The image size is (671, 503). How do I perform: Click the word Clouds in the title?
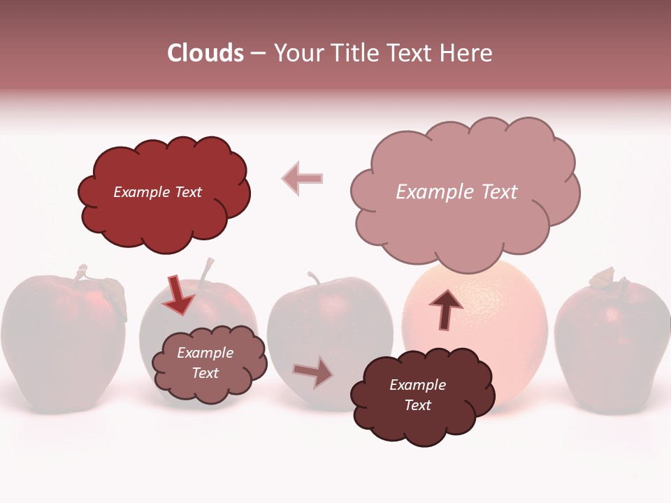205,53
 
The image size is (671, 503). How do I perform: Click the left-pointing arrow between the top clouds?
303,178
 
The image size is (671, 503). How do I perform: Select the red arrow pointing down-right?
180,294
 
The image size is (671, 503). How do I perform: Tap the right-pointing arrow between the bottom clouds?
313,372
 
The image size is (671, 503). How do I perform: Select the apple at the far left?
63,342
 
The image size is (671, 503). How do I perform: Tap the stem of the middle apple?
314,278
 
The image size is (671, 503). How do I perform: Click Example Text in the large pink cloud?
456,192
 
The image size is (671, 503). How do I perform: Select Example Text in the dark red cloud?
157,192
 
